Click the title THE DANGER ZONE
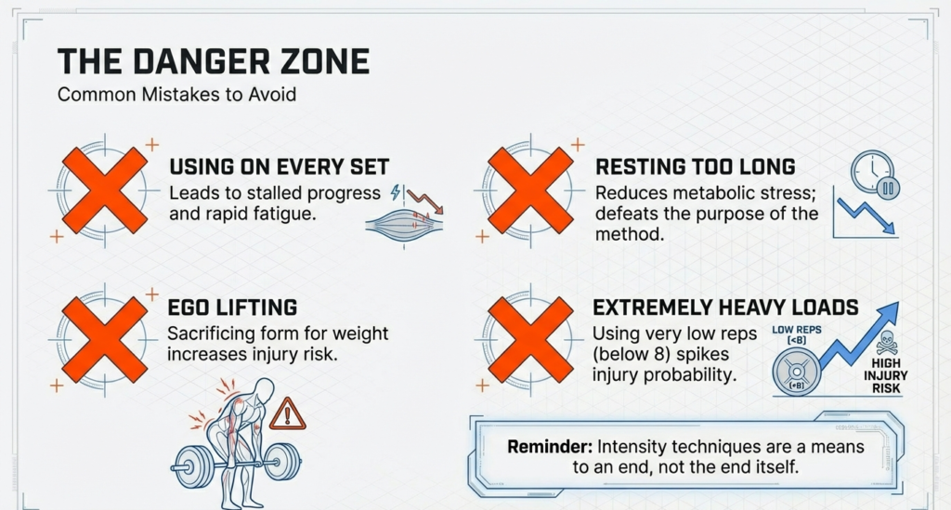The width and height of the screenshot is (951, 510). click(x=213, y=61)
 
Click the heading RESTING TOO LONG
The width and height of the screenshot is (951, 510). click(x=695, y=167)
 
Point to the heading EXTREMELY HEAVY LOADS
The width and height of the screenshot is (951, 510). click(x=725, y=307)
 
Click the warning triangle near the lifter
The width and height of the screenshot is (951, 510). click(x=287, y=412)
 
